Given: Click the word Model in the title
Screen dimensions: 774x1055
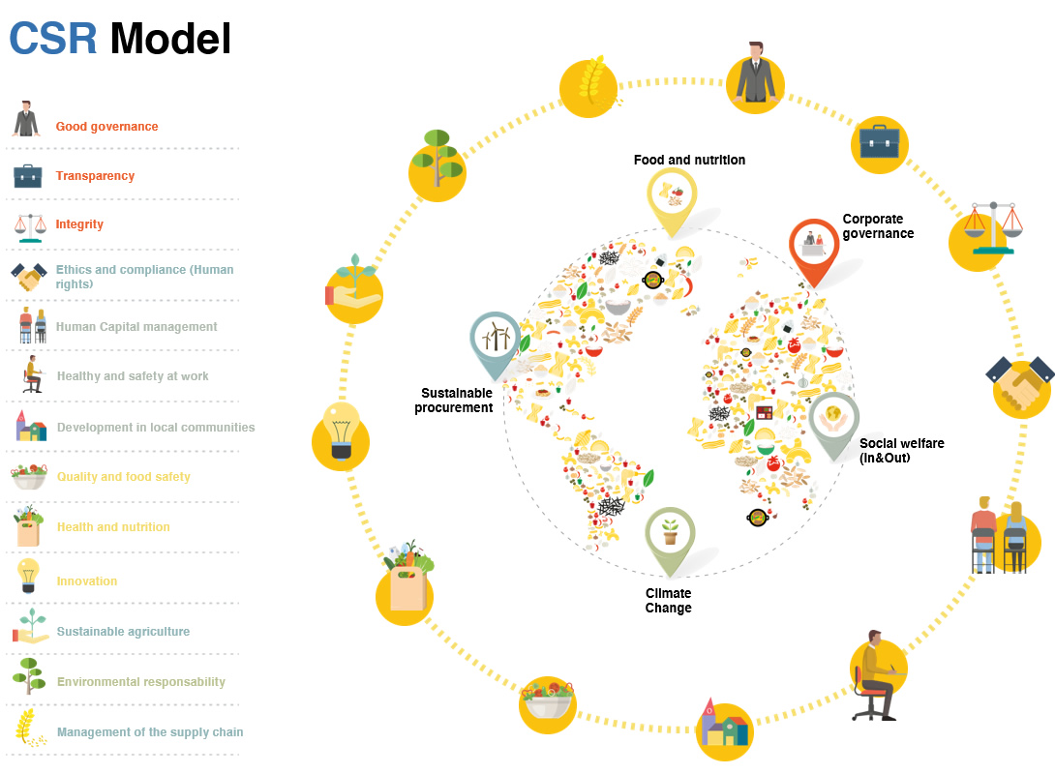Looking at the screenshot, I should tap(170, 39).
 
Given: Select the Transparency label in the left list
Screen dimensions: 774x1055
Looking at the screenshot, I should tap(95, 176).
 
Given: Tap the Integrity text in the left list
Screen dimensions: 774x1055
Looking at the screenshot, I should tap(79, 224).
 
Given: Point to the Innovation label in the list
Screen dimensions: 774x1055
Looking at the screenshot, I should tap(87, 581).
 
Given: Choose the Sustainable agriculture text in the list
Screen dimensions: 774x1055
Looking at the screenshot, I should tap(123, 632).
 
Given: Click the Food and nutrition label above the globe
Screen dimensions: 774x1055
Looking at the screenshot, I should tap(689, 160).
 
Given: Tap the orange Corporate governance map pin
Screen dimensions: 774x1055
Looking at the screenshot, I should tap(813, 247).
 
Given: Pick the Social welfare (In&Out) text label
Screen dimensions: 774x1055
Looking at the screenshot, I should tap(901, 450).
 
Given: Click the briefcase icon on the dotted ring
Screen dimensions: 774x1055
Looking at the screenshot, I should tap(879, 142).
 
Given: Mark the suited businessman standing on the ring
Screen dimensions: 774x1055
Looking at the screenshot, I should tap(756, 74).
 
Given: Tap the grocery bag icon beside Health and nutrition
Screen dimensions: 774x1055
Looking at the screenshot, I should tap(28, 527).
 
